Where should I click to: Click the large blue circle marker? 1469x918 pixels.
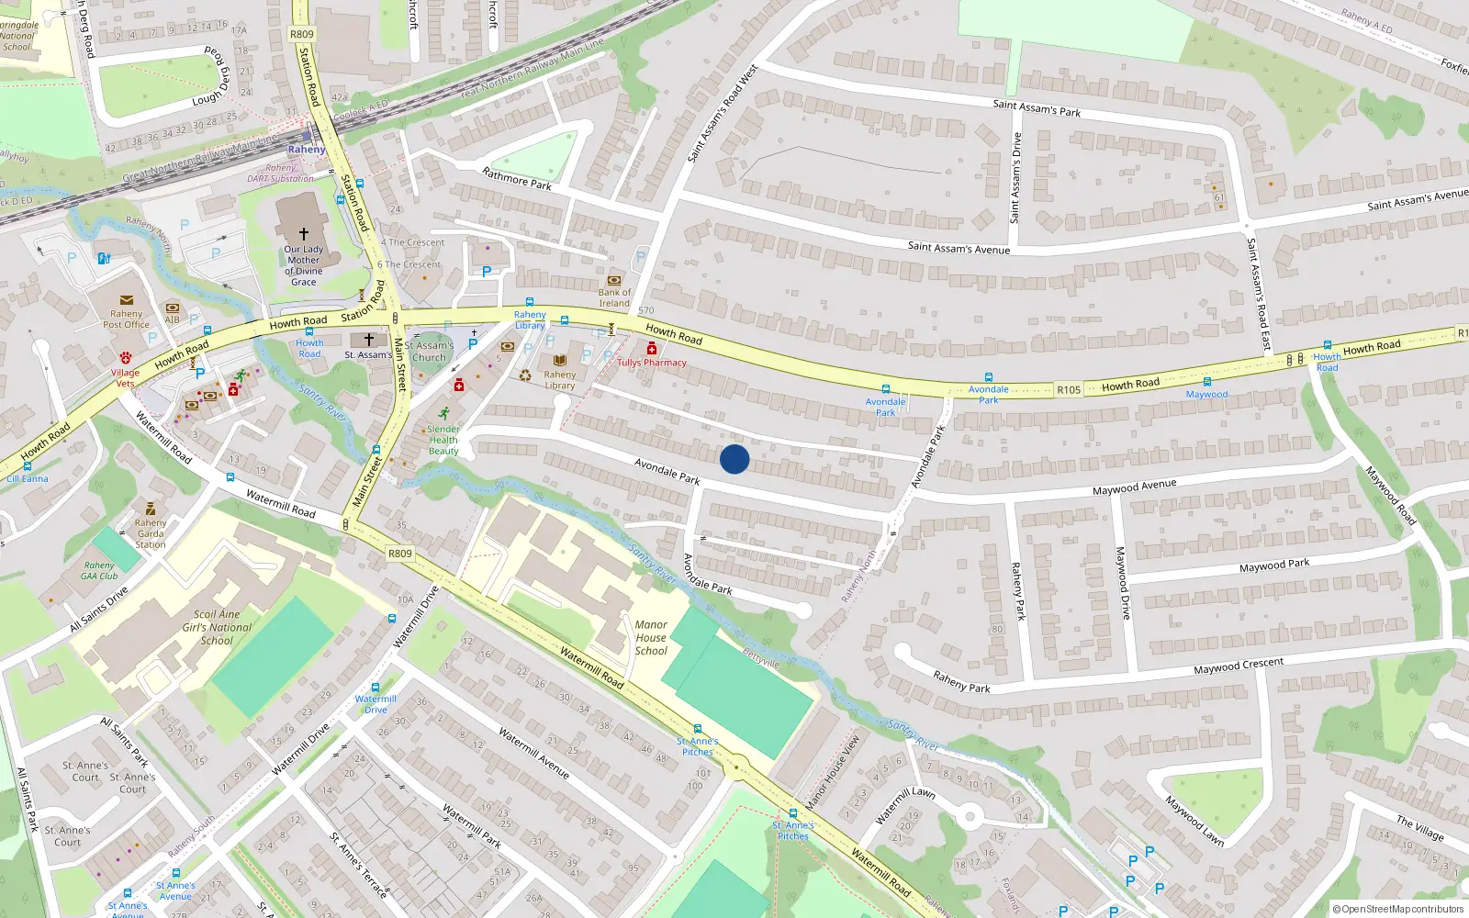(734, 459)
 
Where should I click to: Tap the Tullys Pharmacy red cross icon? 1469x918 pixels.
(652, 349)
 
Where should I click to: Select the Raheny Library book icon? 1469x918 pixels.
(559, 361)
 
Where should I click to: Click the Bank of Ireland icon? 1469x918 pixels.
(614, 280)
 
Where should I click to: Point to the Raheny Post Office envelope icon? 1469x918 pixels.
(127, 300)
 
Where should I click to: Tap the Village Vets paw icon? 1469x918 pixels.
(126, 357)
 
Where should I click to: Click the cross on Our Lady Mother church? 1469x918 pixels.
(304, 234)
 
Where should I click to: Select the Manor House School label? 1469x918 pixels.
(651, 637)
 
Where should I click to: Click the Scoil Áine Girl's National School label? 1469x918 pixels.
(217, 627)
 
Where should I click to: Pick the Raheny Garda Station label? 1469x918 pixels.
(151, 533)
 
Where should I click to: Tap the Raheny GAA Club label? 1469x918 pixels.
(99, 571)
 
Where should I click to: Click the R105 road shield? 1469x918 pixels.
(1069, 390)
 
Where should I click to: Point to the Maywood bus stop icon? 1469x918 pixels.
(1206, 382)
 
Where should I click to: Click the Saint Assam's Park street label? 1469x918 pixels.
(1037, 108)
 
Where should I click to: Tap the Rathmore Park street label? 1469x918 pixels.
(517, 178)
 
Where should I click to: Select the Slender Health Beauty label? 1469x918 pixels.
(443, 440)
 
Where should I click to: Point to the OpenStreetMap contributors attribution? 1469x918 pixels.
(1398, 909)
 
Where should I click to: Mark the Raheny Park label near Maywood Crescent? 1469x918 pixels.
(961, 681)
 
